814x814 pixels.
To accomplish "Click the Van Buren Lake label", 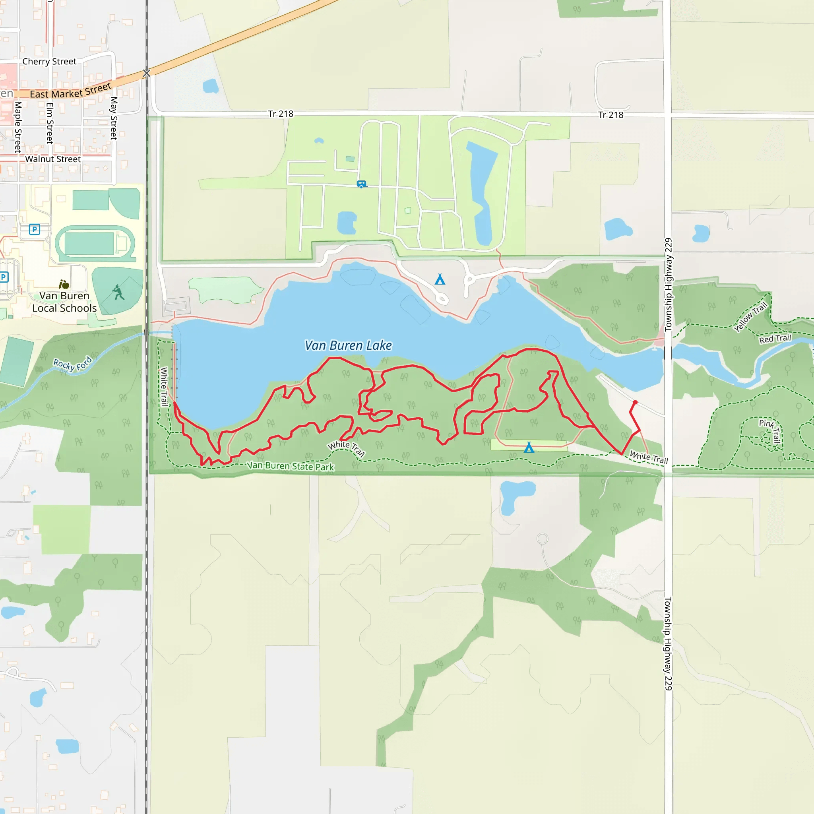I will pos(349,345).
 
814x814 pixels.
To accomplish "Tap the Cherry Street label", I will pos(49,62).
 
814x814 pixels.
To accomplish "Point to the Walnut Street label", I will pos(53,159).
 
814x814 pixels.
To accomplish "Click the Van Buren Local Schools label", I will pos(64,302).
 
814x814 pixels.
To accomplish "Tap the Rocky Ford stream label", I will pos(72,364).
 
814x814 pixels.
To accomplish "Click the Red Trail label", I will pos(775,339).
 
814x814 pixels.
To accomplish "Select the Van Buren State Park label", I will pos(290,465).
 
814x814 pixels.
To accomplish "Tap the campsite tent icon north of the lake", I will pos(440,279).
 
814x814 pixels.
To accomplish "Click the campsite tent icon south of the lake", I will pos(529,448).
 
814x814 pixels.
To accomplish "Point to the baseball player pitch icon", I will pos(118,293).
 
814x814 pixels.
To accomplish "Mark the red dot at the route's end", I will pos(635,402).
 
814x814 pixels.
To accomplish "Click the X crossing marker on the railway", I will pos(147,73).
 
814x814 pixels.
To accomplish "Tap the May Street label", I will pos(114,118).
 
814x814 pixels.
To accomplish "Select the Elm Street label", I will pos(50,123).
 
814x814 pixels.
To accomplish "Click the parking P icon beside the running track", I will pos(35,229).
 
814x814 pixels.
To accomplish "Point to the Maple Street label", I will pos(18,126).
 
